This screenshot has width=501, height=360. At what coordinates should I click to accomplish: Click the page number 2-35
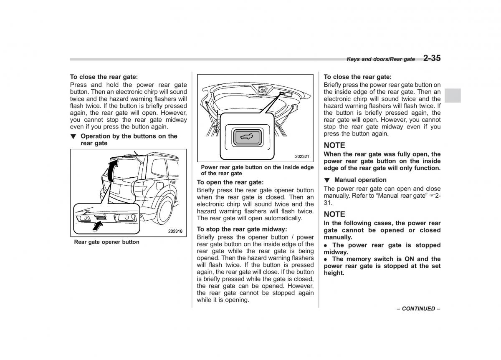432,58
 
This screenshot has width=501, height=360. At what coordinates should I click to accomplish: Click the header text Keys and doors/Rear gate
381,59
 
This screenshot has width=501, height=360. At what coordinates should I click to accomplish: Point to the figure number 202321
301,156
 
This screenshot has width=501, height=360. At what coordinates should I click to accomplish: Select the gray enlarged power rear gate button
246,136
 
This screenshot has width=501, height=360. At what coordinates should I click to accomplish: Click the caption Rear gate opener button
107,242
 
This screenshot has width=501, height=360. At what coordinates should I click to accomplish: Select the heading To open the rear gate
230,182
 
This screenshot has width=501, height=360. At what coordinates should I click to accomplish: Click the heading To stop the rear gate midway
242,229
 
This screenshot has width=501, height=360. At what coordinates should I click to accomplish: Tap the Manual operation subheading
360,180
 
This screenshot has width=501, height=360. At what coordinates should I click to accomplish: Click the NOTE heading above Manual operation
334,145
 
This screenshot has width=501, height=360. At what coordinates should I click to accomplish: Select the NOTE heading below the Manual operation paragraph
334,214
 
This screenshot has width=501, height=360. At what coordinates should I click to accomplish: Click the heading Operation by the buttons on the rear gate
129,139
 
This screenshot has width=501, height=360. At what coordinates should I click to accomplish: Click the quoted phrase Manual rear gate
402,195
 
